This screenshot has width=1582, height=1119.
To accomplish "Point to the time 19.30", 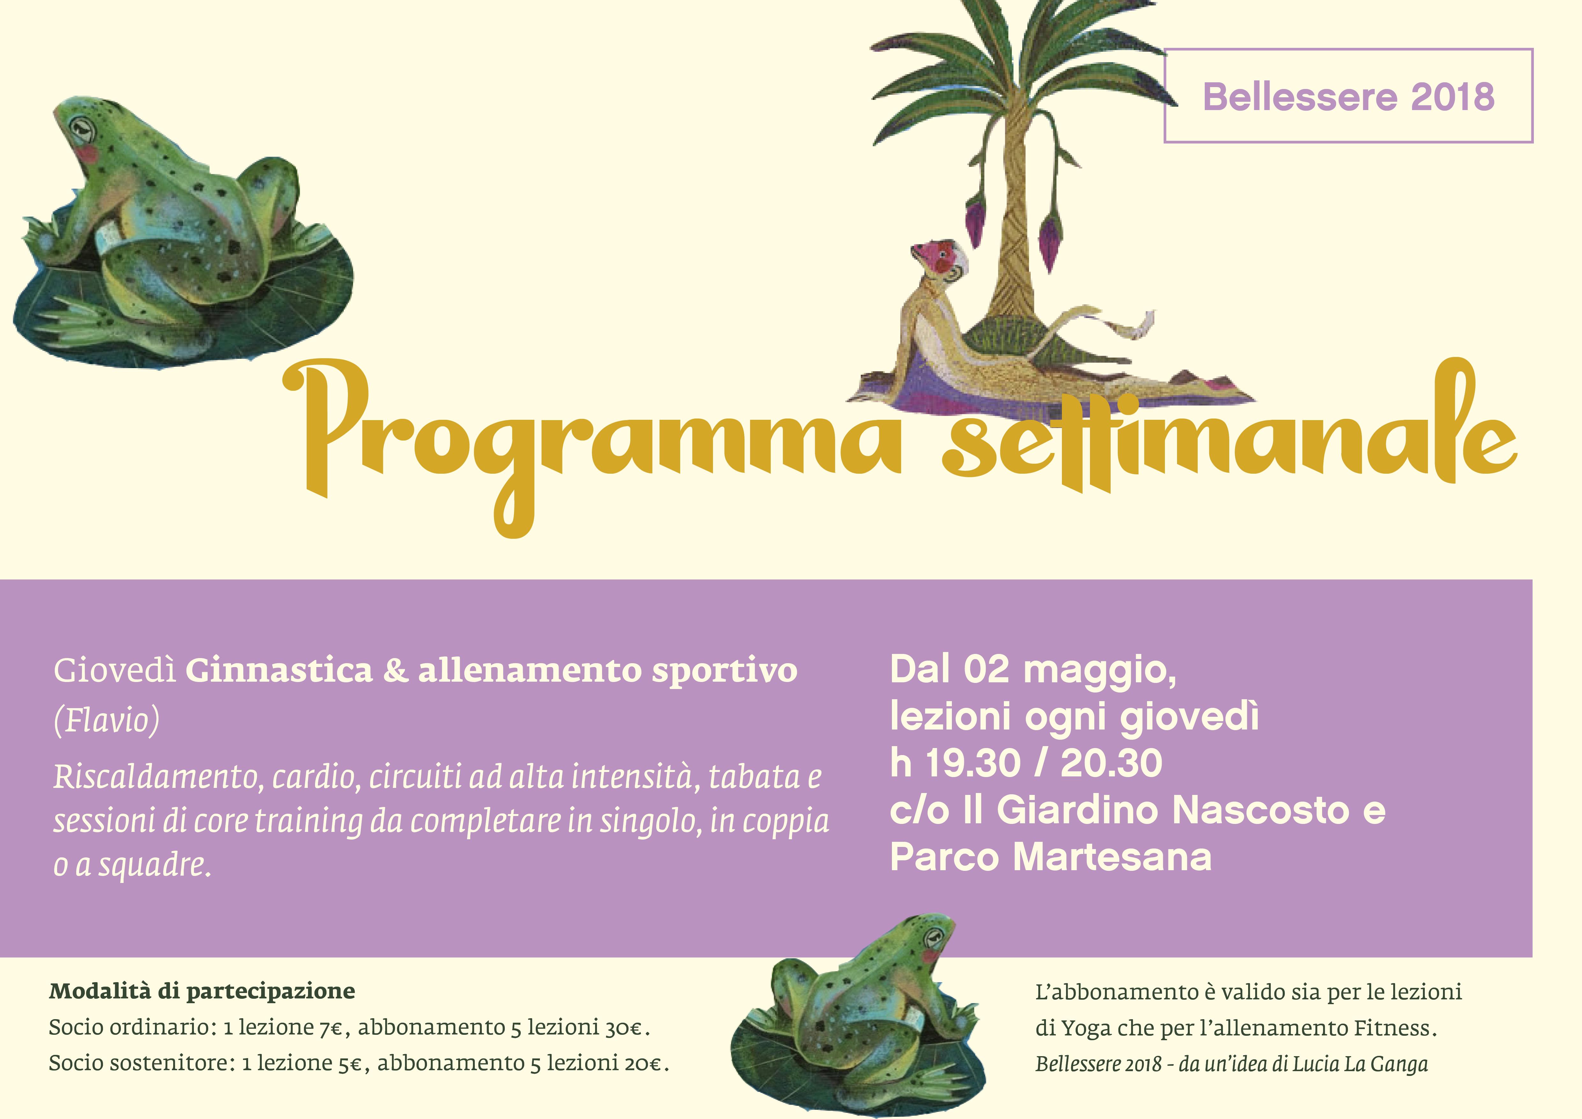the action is point(972,763).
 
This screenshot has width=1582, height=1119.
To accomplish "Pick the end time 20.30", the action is point(1111,763).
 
